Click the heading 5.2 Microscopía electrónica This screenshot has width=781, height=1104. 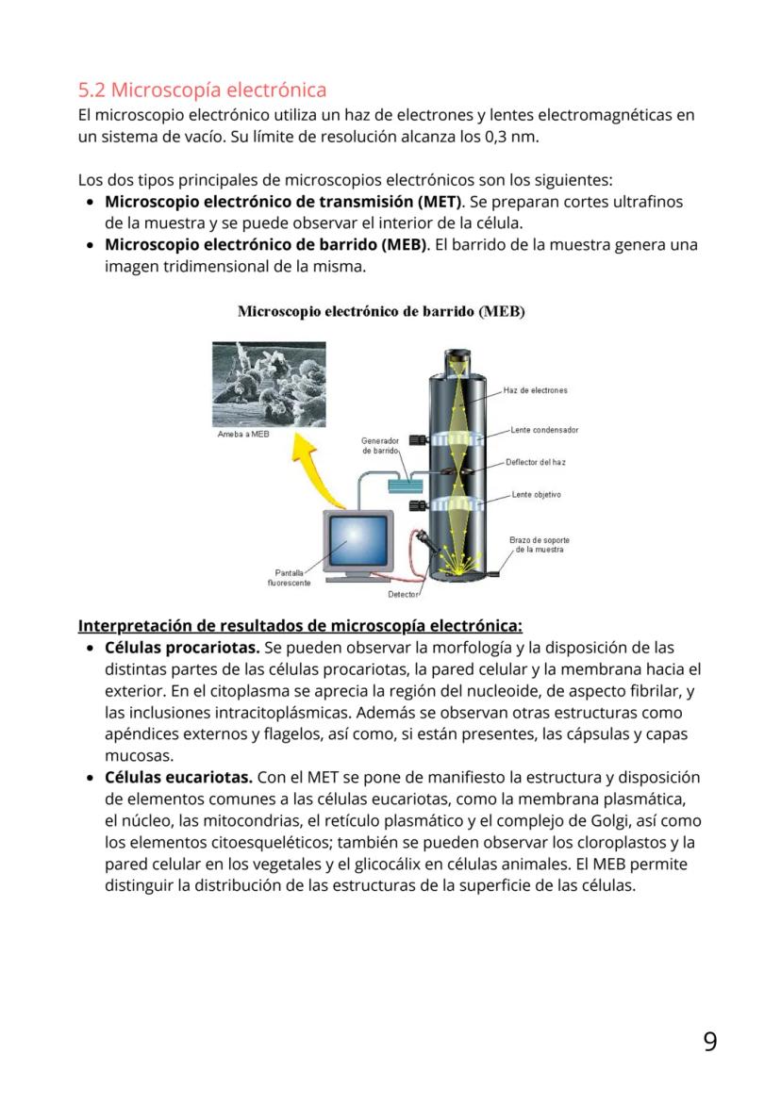pyautogui.click(x=202, y=91)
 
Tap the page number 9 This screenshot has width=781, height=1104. pyautogui.click(x=709, y=1042)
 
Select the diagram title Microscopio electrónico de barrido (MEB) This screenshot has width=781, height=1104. pyautogui.click(x=381, y=311)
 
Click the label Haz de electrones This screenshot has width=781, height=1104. pyautogui.click(x=535, y=390)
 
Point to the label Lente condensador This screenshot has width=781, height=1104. pyautogui.click(x=544, y=430)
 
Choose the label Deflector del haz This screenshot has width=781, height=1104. pyautogui.click(x=535, y=462)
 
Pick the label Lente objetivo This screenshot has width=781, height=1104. pyautogui.click(x=536, y=494)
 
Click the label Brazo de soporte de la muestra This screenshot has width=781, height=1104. pyautogui.click(x=539, y=545)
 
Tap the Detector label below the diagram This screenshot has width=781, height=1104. pyautogui.click(x=403, y=595)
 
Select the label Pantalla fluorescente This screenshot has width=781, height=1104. pyautogui.click(x=289, y=577)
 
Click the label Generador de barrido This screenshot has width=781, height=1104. pyautogui.click(x=381, y=446)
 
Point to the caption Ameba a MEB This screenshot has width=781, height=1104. pyautogui.click(x=243, y=435)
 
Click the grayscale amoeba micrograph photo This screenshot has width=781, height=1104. pyautogui.click(x=256, y=385)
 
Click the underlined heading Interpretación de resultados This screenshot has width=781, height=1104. pyautogui.click(x=299, y=626)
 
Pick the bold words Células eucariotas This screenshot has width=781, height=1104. pyautogui.click(x=178, y=777)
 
